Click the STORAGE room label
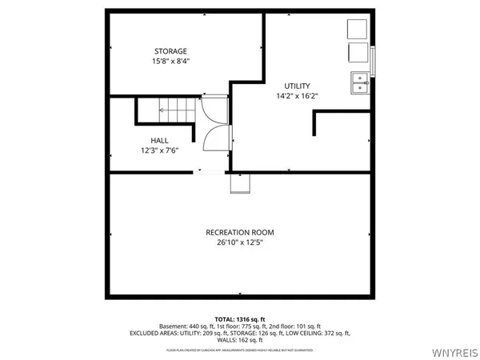171,51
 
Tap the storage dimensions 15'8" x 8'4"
171,62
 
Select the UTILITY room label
297,86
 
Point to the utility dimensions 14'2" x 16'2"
297,96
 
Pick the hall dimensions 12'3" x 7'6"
158,150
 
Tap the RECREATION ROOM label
239,232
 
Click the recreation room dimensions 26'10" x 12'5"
239,242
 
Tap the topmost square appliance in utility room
357,29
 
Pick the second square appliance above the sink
357,54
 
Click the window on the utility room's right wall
373,60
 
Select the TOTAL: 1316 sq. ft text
239,318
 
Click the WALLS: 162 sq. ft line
239,339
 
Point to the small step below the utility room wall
241,184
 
